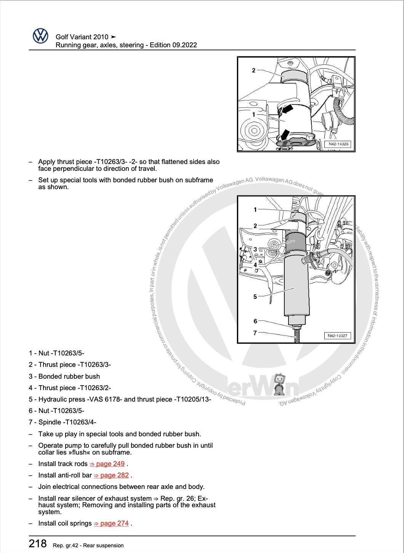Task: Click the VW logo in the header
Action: point(40,36)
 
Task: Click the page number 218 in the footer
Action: point(38,543)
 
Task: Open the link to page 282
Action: point(111,475)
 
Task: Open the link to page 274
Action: point(111,523)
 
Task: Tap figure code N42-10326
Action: point(338,144)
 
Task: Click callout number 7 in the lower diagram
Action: point(255,333)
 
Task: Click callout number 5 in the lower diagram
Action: point(255,296)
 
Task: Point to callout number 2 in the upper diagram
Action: point(253,70)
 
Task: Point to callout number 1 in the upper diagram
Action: point(253,114)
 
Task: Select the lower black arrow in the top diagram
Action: point(284,135)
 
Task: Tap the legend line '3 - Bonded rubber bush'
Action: point(64,376)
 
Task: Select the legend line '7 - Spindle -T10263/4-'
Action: point(62,422)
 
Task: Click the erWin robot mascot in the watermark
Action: point(280,384)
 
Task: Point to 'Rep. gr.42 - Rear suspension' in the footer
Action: point(88,545)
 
